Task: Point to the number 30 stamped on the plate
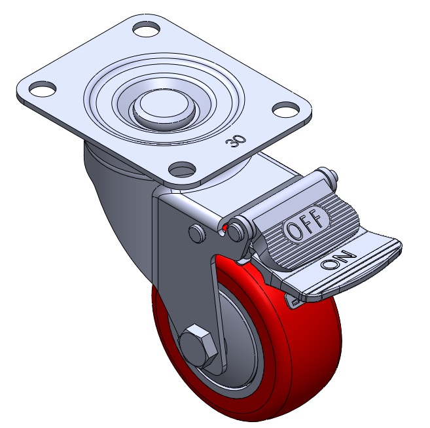tap(236, 141)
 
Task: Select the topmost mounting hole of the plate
tap(147, 29)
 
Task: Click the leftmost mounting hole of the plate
tap(43, 89)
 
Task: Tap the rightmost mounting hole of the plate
tap(285, 109)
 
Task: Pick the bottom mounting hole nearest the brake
tap(182, 169)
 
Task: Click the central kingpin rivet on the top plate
tap(164, 106)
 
